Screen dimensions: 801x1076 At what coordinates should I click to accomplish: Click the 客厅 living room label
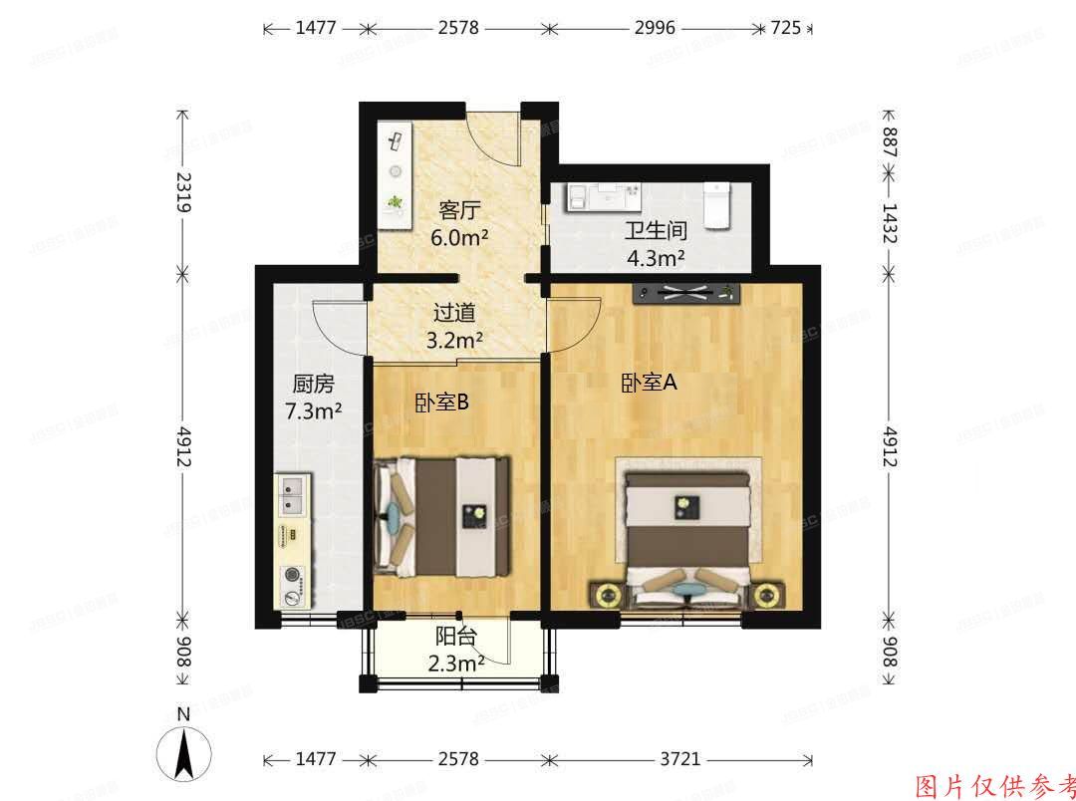tap(459, 210)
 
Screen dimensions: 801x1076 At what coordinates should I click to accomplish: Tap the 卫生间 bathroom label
tap(655, 231)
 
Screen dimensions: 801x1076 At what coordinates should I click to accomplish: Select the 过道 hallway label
tap(453, 311)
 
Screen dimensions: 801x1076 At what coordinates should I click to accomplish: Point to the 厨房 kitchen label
tap(312, 384)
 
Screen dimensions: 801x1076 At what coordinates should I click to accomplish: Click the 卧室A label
tap(649, 383)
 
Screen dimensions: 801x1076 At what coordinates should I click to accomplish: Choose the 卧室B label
tap(441, 401)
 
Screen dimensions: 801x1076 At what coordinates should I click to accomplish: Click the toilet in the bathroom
tap(717, 205)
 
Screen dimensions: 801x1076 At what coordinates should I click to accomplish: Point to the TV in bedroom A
tap(688, 292)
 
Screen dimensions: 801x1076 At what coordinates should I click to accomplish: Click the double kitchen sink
tap(293, 495)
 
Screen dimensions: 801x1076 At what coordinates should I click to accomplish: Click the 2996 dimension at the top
tap(656, 28)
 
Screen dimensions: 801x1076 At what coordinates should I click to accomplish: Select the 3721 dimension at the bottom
tap(679, 759)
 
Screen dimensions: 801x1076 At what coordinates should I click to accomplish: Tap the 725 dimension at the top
tap(785, 28)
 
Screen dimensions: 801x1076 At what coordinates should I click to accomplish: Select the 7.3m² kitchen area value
tap(312, 409)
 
